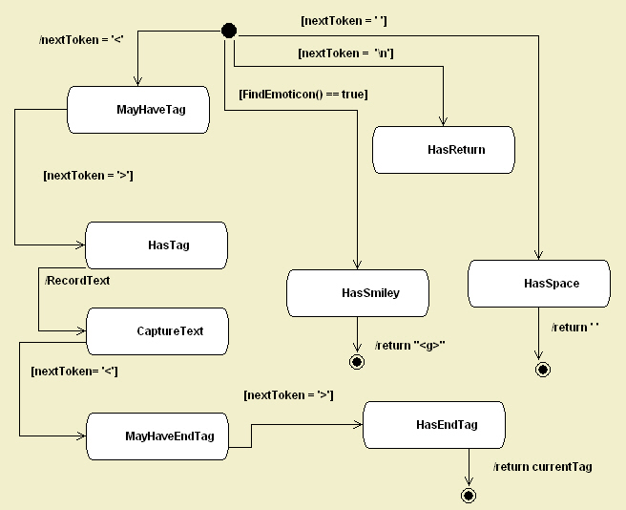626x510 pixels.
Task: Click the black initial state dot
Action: [228, 31]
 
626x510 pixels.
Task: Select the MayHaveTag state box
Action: [138, 110]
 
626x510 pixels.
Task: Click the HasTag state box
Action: [156, 245]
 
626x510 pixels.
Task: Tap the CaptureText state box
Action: [157, 331]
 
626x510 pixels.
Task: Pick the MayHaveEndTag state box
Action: [157, 436]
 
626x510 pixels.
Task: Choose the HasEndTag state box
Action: [434, 424]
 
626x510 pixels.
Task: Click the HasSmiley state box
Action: [358, 293]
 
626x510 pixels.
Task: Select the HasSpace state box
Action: [539, 284]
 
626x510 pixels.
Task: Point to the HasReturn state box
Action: [444, 150]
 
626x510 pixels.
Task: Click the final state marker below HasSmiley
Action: [357, 362]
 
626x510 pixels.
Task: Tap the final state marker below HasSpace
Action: [542, 369]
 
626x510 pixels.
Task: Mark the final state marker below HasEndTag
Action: [468, 495]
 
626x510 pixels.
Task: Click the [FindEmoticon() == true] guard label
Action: [303, 94]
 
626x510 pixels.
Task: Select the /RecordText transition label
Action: [77, 281]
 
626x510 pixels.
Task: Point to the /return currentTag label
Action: [542, 467]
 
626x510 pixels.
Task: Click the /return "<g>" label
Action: [410, 345]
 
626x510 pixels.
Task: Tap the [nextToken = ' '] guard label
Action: [344, 20]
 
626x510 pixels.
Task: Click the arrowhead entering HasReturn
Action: [445, 120]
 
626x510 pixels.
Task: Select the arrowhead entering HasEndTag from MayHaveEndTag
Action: [358, 424]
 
